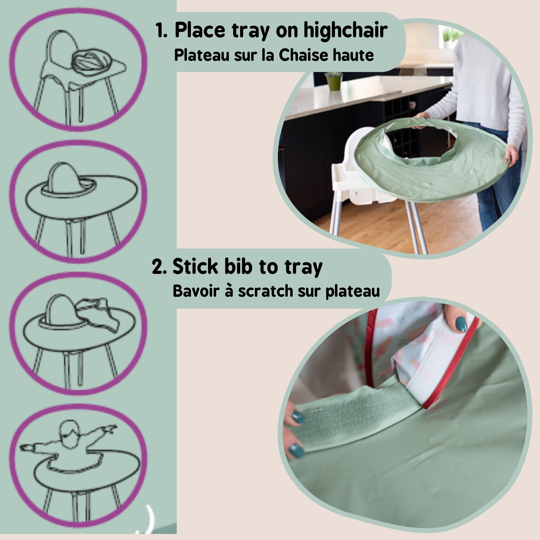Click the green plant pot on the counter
coord(334,83)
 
